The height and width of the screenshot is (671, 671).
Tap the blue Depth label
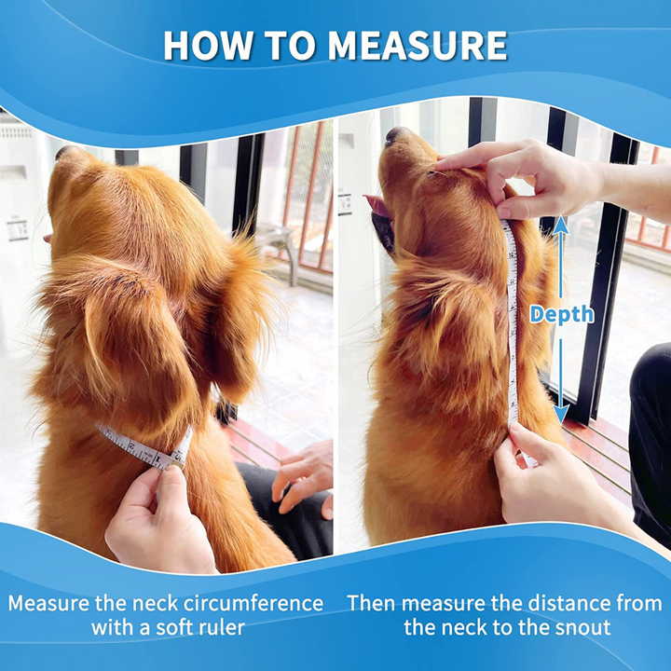[561, 314]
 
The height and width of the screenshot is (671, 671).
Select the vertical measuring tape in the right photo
[512, 326]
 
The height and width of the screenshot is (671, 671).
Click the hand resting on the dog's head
[531, 177]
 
